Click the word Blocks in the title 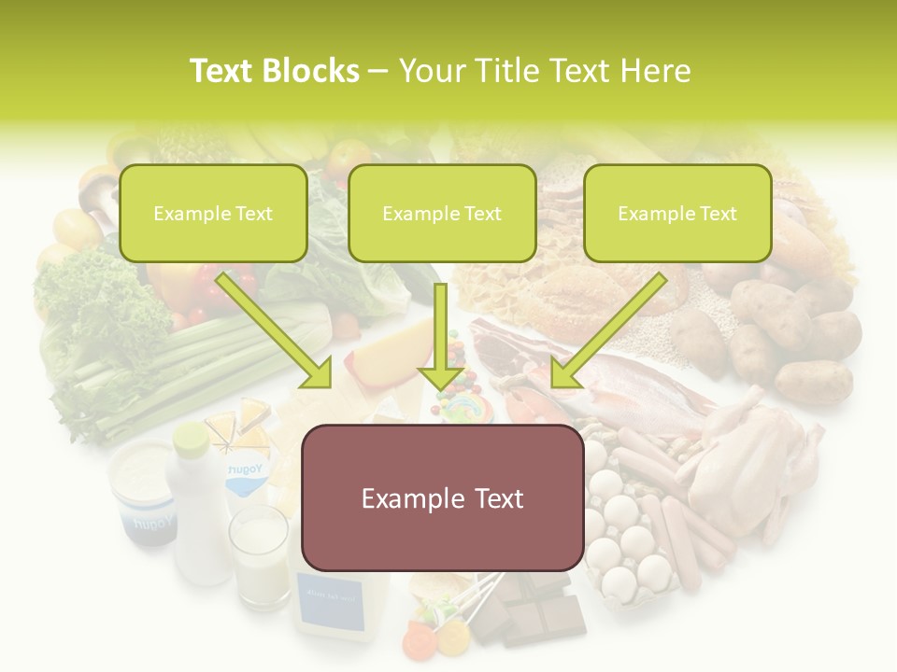(310, 71)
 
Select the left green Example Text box (213, 213)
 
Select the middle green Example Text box (442, 213)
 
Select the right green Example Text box (677, 213)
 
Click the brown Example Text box (442, 497)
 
